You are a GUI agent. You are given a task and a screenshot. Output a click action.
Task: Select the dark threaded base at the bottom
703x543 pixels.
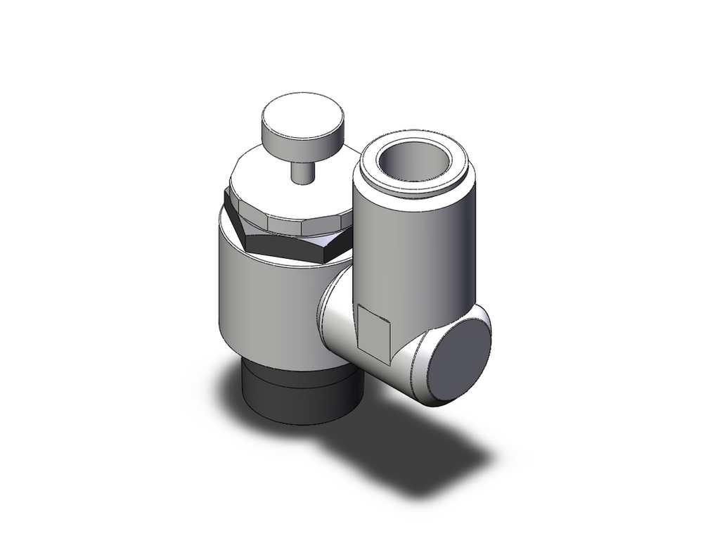point(295,394)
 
